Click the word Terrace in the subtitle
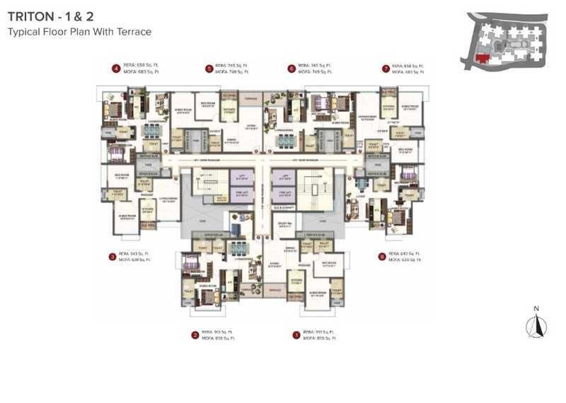coord(134,32)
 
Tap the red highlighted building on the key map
coord(483,58)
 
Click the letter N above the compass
coord(537,308)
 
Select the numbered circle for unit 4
coord(115,69)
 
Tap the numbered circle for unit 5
coord(209,69)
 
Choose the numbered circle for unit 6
coord(291,69)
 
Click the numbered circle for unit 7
coord(386,69)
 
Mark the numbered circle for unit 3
coord(112,256)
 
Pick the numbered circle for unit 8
coord(382,256)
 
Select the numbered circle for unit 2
coord(195,335)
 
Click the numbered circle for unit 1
coord(296,335)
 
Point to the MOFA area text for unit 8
coord(405,259)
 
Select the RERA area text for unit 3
coord(134,253)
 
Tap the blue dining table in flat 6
coord(284,139)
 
